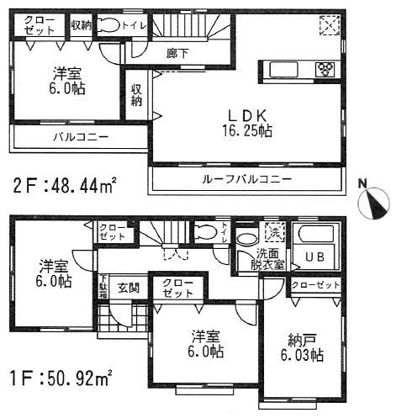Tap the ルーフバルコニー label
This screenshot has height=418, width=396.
coord(246,179)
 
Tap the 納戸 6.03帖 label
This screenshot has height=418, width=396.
coord(305,348)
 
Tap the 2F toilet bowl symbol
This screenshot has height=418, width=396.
coord(108,26)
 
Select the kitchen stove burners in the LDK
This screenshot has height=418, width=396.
coord(323,69)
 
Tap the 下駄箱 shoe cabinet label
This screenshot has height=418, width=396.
coord(103,286)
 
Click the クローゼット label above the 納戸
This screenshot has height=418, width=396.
coord(315,286)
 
